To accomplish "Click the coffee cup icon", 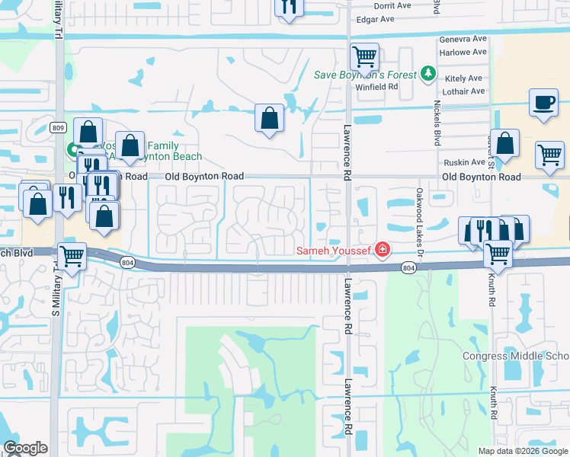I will click(x=543, y=103).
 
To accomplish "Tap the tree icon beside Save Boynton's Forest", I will click(x=428, y=74).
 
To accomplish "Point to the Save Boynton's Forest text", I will click(x=366, y=75).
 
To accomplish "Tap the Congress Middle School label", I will click(x=516, y=356).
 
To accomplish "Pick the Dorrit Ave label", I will click(x=393, y=5).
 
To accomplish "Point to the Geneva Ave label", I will click(x=463, y=40).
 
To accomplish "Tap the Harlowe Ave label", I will click(x=463, y=53).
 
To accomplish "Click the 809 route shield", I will click(x=59, y=128).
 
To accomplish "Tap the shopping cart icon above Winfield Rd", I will click(x=365, y=56).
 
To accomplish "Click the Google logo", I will click(x=25, y=449).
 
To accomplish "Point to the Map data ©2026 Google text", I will click(x=523, y=451).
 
